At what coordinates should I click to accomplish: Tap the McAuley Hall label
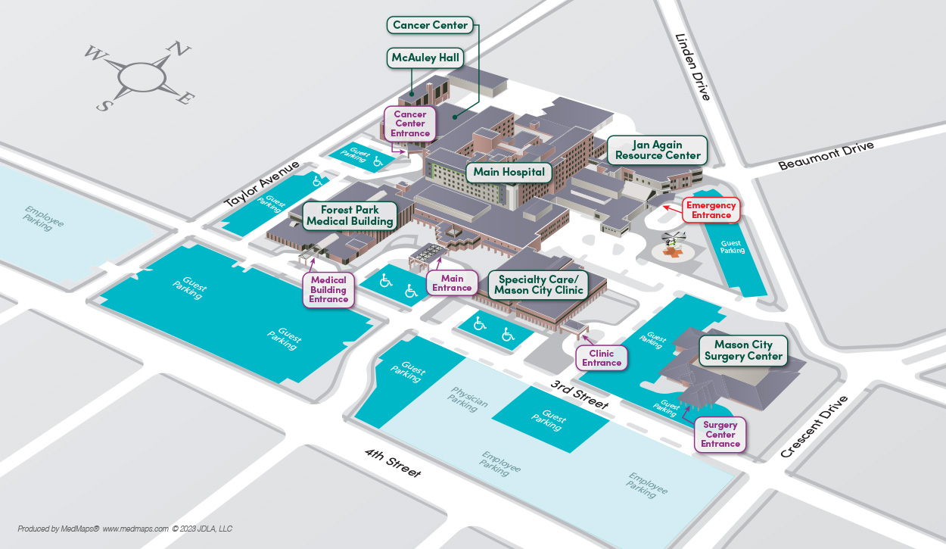pos(425,58)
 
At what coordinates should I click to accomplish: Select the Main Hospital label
pos(509,172)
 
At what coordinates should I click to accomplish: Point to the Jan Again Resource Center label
pos(658,150)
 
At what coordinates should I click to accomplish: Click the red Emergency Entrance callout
pos(711,210)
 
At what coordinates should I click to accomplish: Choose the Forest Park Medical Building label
pos(350,216)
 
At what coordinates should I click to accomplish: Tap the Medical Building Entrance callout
pos(328,290)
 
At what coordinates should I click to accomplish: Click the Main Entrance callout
pos(452,283)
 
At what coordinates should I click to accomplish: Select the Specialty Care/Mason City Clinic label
pos(539,285)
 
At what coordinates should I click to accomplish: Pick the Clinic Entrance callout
pos(602,358)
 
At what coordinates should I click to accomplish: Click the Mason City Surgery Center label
pos(743,351)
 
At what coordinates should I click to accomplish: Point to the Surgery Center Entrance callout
pos(720,435)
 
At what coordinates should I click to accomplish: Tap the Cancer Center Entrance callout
pos(410,124)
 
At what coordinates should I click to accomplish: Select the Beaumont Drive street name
pos(826,155)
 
